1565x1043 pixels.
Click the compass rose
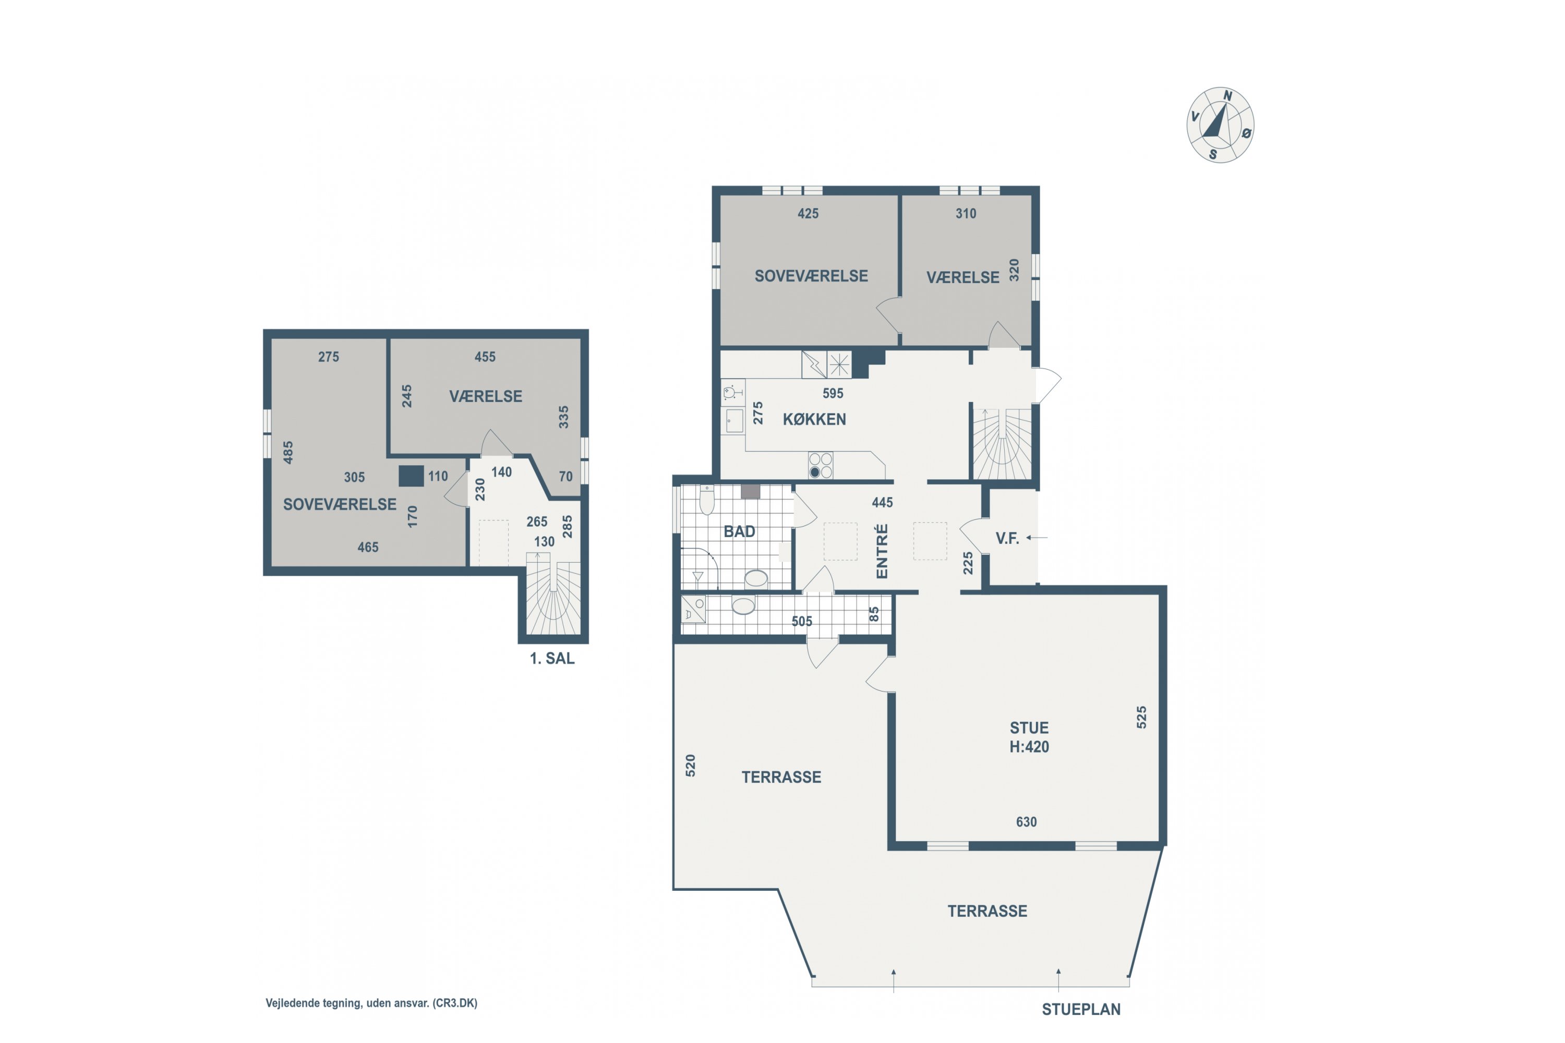1220,125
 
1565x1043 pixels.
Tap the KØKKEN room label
814,420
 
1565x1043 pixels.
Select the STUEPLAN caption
1081,1010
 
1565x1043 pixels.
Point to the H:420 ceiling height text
1029,747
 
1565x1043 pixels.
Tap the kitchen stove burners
821,466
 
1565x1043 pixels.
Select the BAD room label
739,532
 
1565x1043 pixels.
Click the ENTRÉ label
882,551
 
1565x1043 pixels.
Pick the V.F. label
1007,539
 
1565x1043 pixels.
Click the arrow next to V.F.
1037,538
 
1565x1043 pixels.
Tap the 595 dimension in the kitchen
833,394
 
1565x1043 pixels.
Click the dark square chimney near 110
411,476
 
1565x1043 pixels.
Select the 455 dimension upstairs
485,357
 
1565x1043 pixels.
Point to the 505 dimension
802,621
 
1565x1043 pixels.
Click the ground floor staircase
1002,444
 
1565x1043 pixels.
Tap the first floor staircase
553,594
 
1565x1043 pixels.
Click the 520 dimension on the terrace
691,766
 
